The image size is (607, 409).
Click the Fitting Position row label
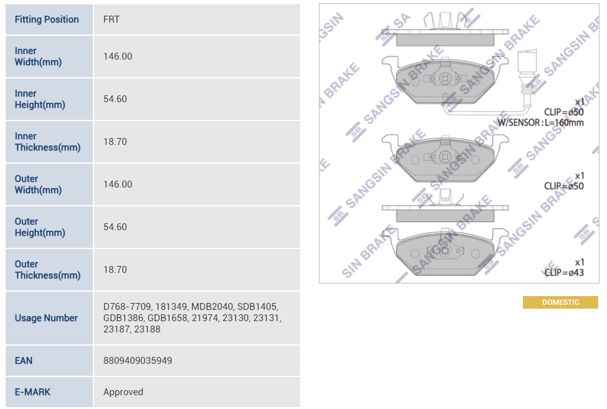pos(46,19)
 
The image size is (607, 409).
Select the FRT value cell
pos(112,19)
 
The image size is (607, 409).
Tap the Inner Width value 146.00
pos(117,56)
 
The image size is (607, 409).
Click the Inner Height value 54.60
pos(115,99)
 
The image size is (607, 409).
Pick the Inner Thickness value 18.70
pos(115,142)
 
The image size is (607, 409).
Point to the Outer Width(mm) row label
pos(38,184)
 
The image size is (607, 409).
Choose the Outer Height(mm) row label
pos(40,226)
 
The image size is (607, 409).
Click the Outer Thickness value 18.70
pos(115,270)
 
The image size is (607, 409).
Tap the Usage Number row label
pos(46,318)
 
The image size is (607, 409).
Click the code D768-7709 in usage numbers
pos(127,307)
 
